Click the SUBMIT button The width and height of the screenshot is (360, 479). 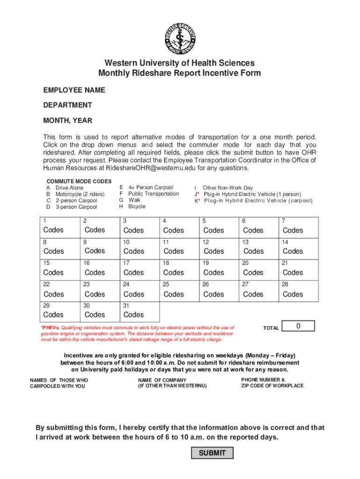pyautogui.click(x=212, y=453)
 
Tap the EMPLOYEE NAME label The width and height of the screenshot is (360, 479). pyautogui.click(x=74, y=90)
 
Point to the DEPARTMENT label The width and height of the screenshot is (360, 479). pyautogui.click(x=68, y=105)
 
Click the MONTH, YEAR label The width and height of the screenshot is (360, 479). pyautogui.click(x=68, y=121)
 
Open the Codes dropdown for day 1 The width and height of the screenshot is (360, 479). pyautogui.click(x=53, y=230)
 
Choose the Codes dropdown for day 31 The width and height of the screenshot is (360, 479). pyautogui.click(x=134, y=315)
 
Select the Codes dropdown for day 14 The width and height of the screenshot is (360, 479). pyautogui.click(x=293, y=251)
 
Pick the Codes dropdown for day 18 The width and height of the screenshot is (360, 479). pyautogui.click(x=174, y=272)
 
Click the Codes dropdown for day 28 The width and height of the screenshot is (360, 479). pyautogui.click(x=293, y=294)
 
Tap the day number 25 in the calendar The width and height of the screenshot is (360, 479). pyautogui.click(x=166, y=284)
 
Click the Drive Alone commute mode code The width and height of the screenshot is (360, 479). pyautogui.click(x=69, y=188)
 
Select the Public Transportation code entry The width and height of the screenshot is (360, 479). pyautogui.click(x=153, y=194)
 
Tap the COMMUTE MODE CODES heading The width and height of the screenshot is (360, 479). pyautogui.click(x=79, y=181)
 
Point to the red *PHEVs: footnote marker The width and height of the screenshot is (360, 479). pyautogui.click(x=50, y=328)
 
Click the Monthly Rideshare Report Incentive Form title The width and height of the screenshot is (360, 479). pyautogui.click(x=180, y=73)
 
